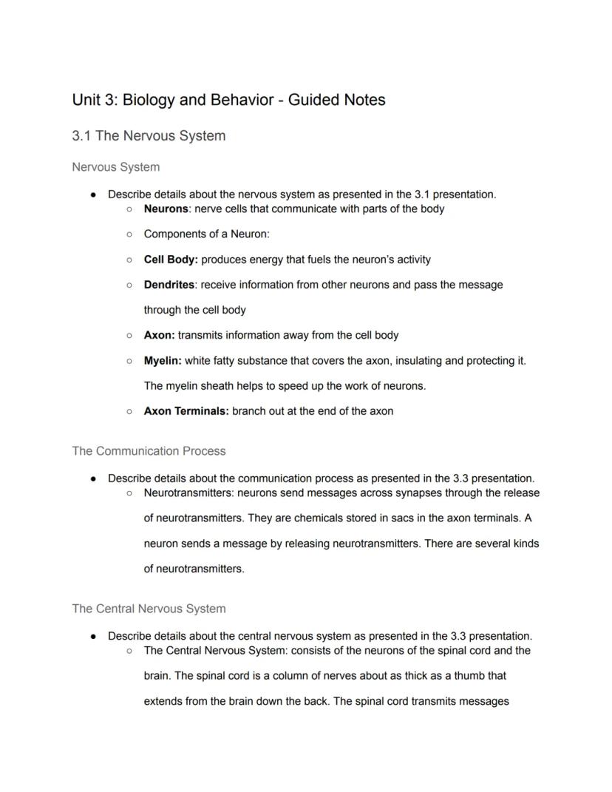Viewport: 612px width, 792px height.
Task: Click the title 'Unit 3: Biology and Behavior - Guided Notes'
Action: (x=228, y=100)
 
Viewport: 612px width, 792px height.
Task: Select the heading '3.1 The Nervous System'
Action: (x=149, y=136)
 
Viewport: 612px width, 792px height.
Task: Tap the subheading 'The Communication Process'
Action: (x=149, y=451)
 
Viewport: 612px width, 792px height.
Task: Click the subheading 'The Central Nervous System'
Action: (x=149, y=609)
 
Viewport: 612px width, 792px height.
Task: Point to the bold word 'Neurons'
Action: (x=166, y=209)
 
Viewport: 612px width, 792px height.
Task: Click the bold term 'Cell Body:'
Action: (x=171, y=260)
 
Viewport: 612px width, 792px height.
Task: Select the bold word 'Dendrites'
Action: (x=169, y=285)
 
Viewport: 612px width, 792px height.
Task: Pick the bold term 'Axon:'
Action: (x=159, y=335)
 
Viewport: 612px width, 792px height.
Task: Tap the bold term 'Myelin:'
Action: (x=163, y=361)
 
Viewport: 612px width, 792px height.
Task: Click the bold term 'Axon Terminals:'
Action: (x=186, y=411)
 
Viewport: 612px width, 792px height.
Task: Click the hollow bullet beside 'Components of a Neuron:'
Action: (x=129, y=234)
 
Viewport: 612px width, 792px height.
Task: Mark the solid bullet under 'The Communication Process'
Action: (x=93, y=478)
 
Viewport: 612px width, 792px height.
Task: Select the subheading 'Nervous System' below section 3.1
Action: (x=115, y=167)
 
